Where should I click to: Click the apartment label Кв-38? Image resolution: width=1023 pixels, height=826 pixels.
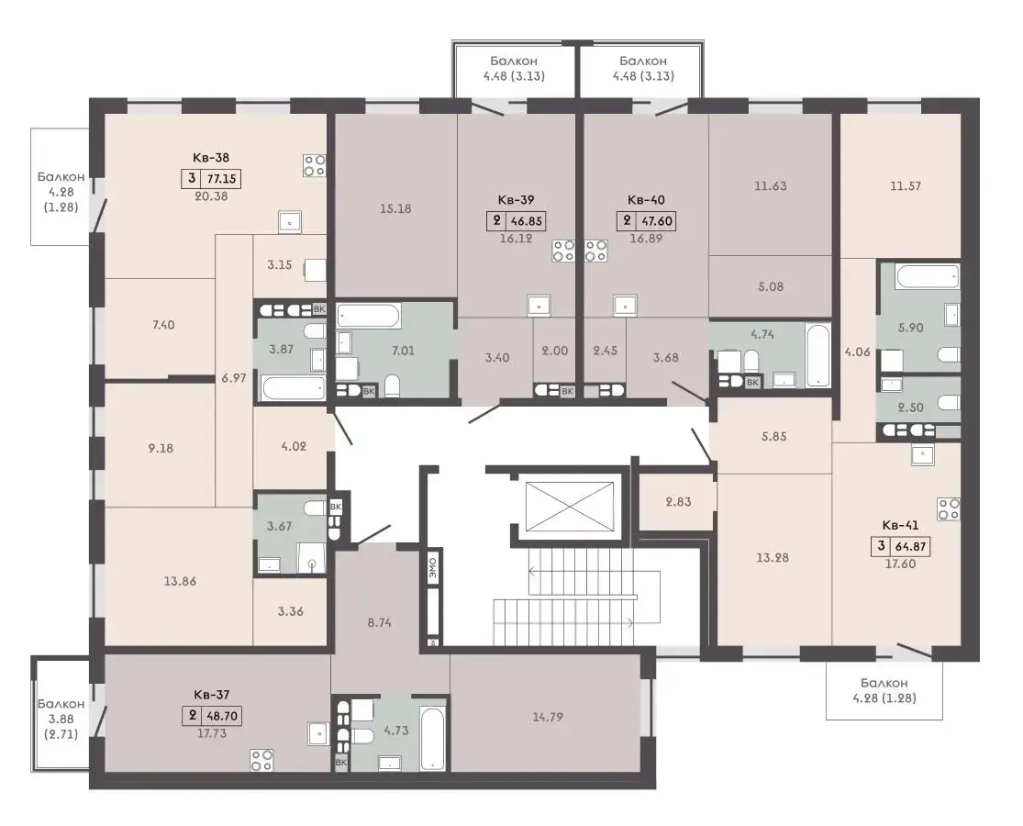coord(211,157)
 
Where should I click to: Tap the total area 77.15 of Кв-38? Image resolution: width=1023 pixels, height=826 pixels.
coord(221,178)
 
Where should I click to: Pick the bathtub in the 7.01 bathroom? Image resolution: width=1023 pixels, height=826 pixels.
coord(369,317)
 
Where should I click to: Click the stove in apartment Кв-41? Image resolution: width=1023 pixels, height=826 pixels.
coord(949,509)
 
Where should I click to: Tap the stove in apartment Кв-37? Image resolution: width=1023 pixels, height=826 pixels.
coord(261,760)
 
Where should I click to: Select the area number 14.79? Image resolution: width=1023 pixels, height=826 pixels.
coord(548,717)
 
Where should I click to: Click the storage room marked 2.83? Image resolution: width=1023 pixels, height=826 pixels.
coord(678,501)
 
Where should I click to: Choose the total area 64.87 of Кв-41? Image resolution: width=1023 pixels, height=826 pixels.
coord(911,546)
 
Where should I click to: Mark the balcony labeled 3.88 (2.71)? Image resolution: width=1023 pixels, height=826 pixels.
coord(61,714)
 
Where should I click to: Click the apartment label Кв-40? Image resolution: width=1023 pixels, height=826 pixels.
coord(646,200)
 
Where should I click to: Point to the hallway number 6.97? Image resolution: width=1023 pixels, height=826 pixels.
coord(234,377)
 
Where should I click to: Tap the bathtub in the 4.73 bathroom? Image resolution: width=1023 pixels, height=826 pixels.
coord(432,737)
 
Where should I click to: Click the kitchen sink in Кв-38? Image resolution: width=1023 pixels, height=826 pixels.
coord(290,222)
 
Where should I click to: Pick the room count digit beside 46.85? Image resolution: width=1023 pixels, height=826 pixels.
coord(497,220)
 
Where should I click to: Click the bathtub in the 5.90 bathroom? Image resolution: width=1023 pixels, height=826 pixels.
coord(927,276)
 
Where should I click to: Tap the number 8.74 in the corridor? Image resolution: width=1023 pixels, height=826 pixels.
coord(379,622)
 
